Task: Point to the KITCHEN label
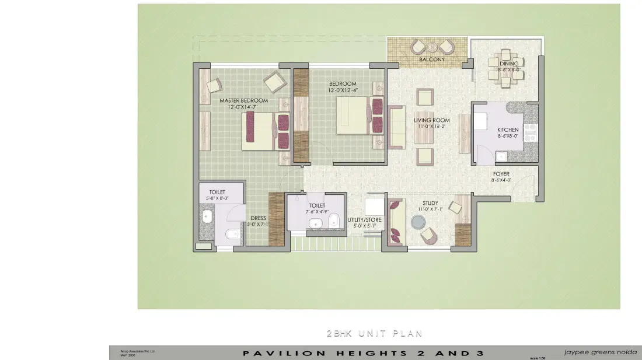pos(507,130)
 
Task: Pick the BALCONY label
pos(432,60)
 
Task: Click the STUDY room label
pos(431,204)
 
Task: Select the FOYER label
pos(501,174)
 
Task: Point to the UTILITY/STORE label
pos(365,220)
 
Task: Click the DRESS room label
pos(258,218)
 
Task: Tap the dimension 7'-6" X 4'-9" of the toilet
pos(317,211)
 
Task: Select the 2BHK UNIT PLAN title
pos(374,334)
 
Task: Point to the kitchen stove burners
pos(531,133)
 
